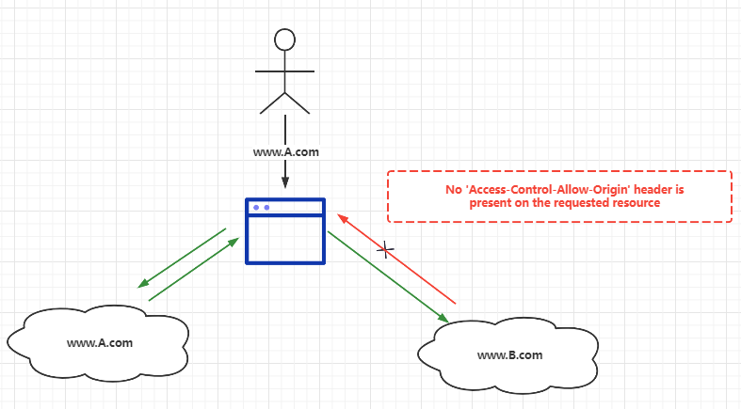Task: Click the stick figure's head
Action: pos(284,39)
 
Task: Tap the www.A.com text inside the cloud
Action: pos(99,342)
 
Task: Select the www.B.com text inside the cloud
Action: pos(510,354)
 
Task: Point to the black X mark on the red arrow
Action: pos(385,250)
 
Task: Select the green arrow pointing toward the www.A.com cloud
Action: pos(183,257)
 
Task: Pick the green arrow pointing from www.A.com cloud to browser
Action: pos(193,271)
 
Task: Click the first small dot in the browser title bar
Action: pos(256,207)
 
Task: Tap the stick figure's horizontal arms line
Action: pos(284,71)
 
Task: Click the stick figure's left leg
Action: pos(271,102)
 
